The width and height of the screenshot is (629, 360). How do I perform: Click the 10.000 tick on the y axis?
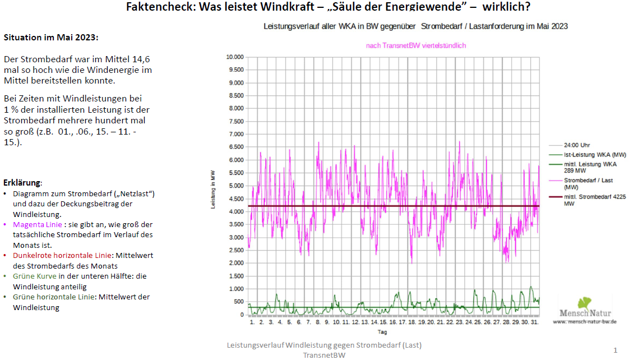[x=234, y=57]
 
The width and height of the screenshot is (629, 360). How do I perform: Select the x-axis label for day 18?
[x=411, y=322]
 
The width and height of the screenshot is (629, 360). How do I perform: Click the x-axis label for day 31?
[x=534, y=322]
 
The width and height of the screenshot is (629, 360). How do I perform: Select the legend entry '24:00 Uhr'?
[x=577, y=145]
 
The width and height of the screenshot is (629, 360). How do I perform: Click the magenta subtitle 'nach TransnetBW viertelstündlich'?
[x=416, y=45]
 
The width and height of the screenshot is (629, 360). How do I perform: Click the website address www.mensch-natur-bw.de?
[x=585, y=321]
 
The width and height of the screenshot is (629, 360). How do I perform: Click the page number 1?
[x=615, y=350]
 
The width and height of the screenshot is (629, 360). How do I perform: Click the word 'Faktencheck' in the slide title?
[x=159, y=7]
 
